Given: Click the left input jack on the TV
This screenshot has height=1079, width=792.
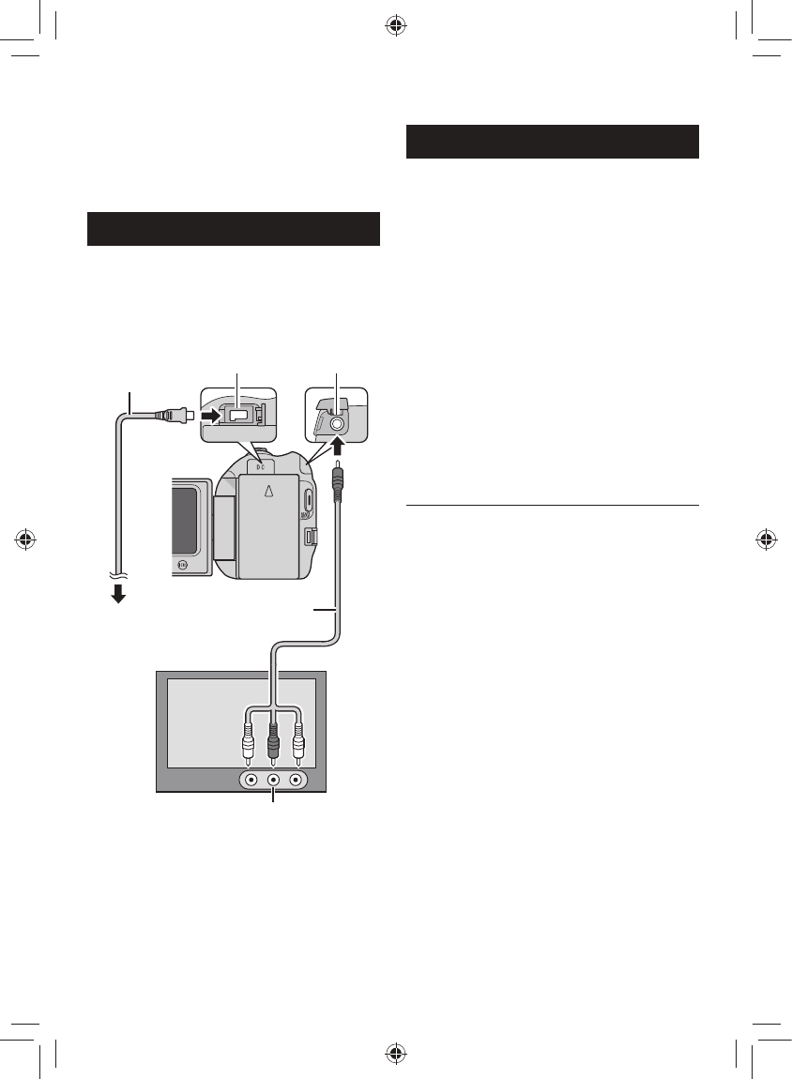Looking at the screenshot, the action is tap(250, 778).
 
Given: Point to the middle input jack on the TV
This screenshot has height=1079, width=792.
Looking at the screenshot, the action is tap(273, 778).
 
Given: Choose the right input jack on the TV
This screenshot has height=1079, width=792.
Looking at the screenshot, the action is tap(297, 778).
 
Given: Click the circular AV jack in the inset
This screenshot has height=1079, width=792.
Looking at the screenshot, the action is tap(338, 423).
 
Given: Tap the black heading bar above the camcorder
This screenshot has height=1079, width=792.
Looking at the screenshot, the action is tap(233, 229).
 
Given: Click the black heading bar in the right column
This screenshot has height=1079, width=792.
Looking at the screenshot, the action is tap(554, 141).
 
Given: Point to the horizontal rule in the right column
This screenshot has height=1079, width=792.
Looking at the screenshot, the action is tap(554, 507).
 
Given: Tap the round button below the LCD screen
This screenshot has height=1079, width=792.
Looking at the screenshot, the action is tap(183, 566).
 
